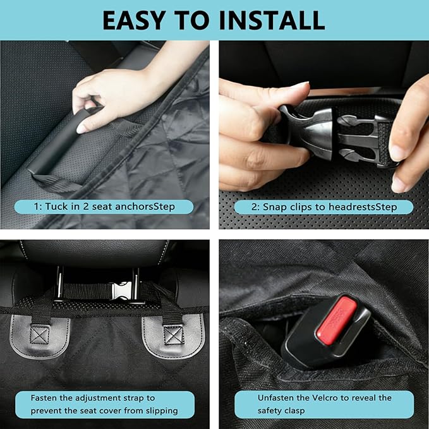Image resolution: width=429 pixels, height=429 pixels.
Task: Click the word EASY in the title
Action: (134, 20)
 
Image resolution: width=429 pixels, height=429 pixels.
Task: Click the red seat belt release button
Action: (337, 320)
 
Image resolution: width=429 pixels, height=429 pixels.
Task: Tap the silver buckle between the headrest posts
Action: (122, 290)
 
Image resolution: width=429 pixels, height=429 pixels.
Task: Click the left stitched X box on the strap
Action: (39, 335)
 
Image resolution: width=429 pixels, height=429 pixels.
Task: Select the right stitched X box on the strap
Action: (174, 335)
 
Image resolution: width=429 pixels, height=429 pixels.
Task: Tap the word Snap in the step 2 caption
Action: (274, 207)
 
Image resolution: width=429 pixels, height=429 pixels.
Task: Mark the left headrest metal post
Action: (59, 283)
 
